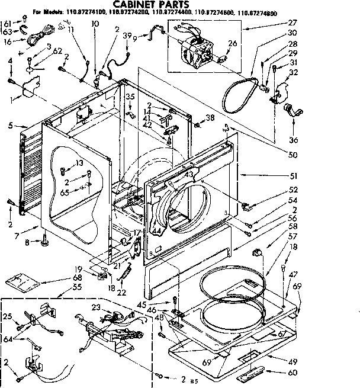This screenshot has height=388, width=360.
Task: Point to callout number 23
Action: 96,307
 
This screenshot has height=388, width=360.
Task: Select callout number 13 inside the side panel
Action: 79,163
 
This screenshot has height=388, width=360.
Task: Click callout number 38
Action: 210,117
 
